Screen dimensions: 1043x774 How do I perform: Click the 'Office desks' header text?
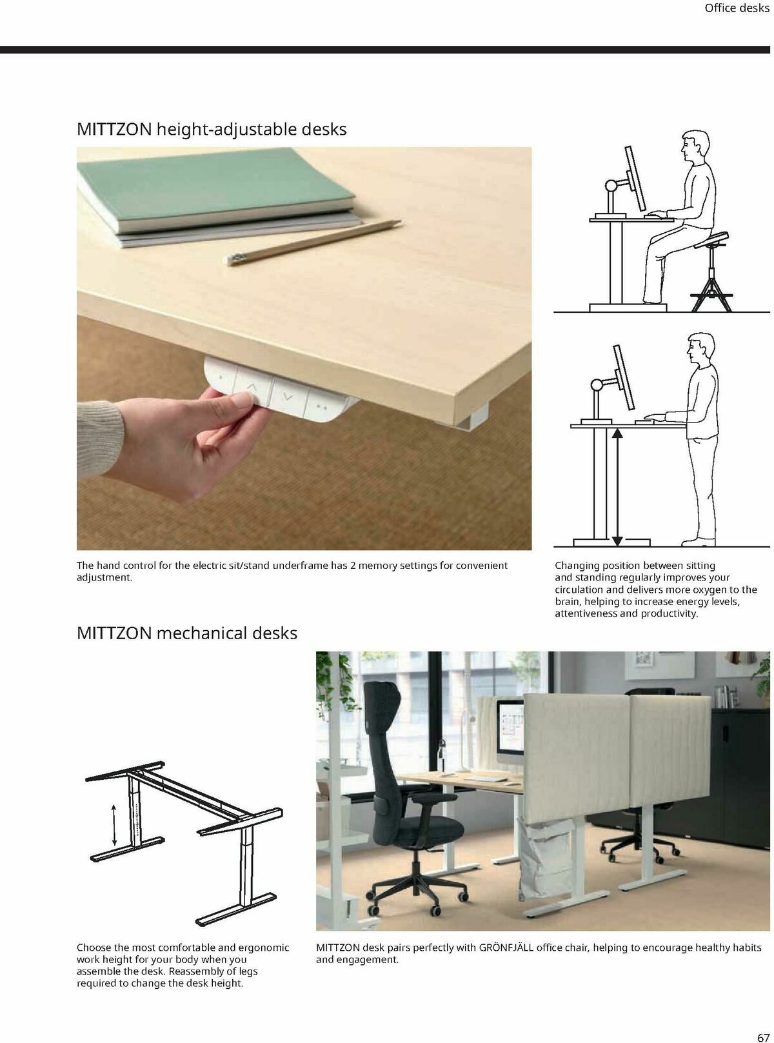click(737, 8)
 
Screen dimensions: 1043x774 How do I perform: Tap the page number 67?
click(763, 1019)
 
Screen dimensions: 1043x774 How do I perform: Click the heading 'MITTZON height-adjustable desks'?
click(212, 129)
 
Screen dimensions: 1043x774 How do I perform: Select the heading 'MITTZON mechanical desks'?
click(187, 633)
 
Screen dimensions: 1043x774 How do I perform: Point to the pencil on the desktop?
click(313, 241)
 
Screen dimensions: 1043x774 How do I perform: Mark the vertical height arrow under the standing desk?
click(617, 486)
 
